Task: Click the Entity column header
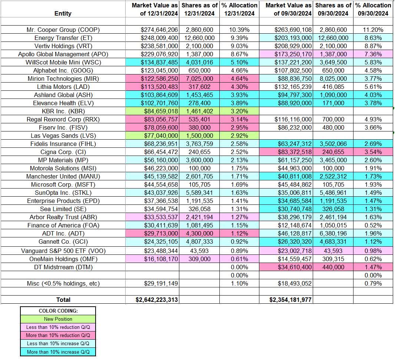(63, 13)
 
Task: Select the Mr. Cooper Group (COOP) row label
(63, 30)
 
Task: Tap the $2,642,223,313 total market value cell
(157, 300)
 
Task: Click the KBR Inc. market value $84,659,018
(157, 111)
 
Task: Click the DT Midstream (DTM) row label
(63, 267)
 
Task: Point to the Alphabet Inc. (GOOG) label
(63, 70)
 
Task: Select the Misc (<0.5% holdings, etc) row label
(63, 283)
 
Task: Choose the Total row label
(63, 300)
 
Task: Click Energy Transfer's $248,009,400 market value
(157, 38)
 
